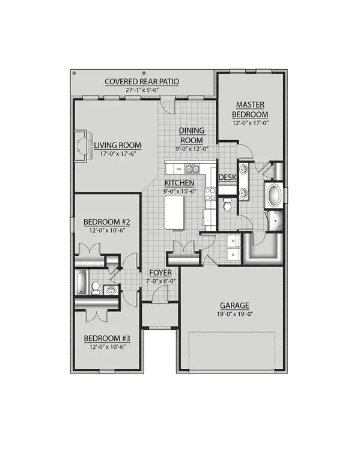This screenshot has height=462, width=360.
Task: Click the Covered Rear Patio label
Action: [x=142, y=81]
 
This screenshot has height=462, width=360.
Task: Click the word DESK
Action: [x=227, y=177]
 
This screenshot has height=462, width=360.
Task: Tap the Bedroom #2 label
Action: [x=103, y=222]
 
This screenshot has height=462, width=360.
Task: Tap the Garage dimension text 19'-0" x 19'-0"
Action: [x=234, y=314]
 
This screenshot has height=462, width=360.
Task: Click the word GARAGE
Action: [x=234, y=305]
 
